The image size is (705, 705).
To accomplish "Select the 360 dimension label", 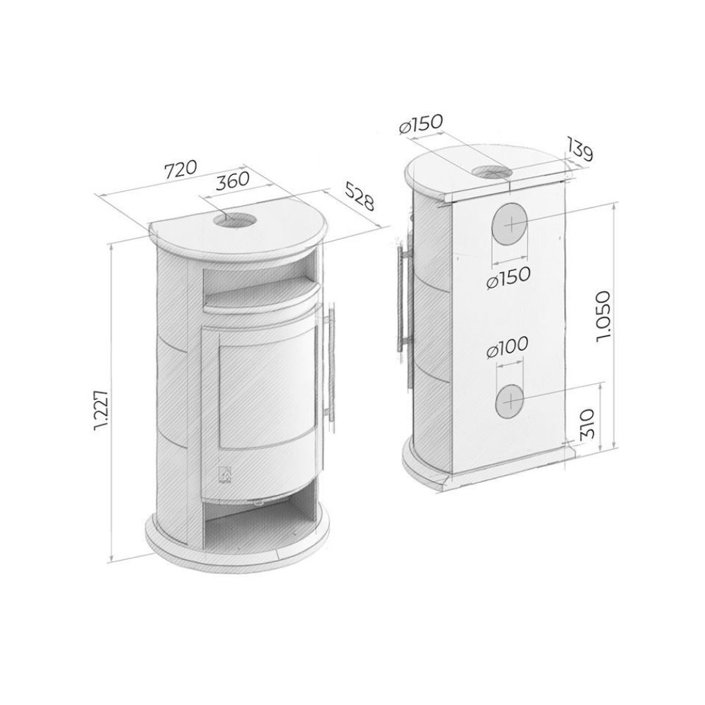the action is tap(233, 181).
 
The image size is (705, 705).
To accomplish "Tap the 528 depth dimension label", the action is tap(360, 196).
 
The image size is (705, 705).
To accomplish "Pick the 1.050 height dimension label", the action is tap(603, 317).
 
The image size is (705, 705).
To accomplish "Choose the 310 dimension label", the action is tap(589, 424).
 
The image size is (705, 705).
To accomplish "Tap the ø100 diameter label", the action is tap(506, 347).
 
